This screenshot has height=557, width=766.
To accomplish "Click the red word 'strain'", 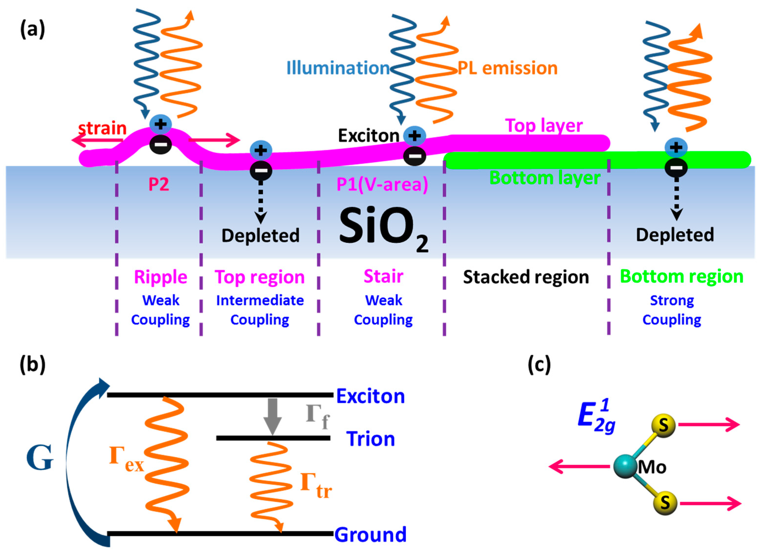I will [102, 128].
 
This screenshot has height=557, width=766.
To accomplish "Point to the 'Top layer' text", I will [543, 125].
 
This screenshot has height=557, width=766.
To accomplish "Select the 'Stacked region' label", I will [526, 277].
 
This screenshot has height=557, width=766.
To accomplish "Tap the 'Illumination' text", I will [338, 68].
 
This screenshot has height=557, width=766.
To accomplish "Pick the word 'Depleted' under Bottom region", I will [675, 235].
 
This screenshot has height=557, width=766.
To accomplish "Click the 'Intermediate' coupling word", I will [260, 300].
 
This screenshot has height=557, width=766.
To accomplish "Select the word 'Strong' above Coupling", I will [672, 300].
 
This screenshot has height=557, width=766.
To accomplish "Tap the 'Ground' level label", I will [370, 534].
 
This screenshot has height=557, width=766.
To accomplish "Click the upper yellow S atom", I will [663, 425].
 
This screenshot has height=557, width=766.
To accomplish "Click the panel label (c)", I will [539, 365].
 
